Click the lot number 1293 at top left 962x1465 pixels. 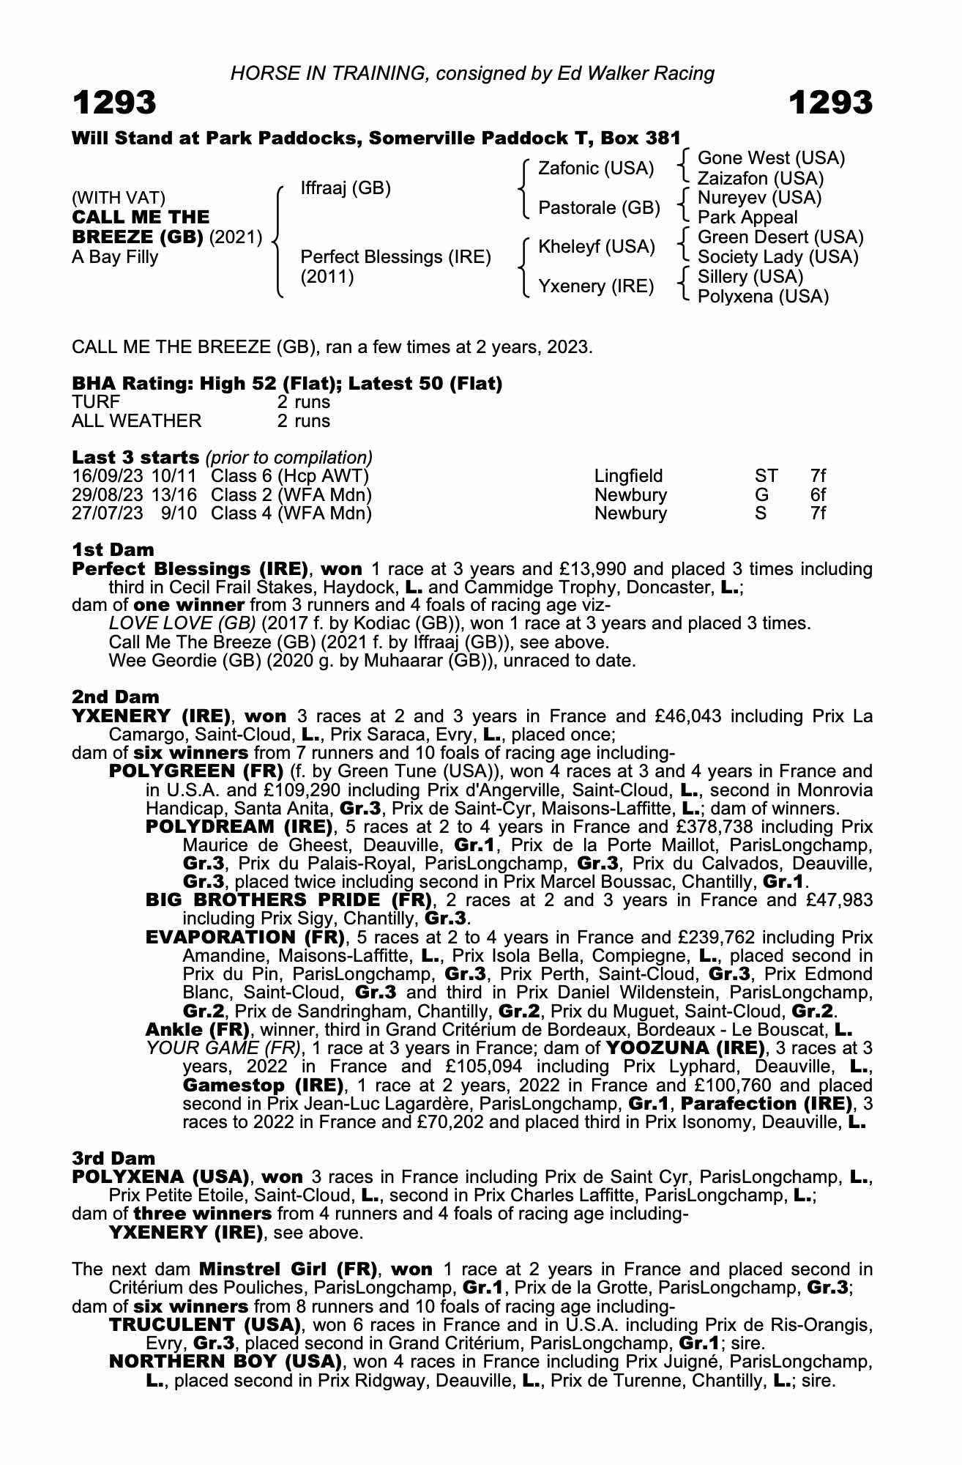114,103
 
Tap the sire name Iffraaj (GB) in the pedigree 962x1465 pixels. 346,188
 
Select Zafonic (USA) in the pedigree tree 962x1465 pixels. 595,168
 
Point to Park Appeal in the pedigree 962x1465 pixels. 747,218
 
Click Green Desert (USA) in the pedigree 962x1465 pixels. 780,237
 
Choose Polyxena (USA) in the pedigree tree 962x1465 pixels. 763,297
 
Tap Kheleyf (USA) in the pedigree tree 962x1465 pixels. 596,247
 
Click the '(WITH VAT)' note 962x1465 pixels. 119,198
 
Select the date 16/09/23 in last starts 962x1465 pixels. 107,476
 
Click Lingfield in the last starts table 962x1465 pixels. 628,476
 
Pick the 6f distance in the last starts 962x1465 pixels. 818,494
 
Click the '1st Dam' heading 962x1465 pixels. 113,549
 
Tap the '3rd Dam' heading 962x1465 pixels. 113,1158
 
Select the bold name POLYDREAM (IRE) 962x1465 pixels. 239,827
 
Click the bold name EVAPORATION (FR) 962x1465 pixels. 245,937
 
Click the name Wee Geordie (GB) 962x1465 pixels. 161,661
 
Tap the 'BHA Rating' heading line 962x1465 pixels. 287,384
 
